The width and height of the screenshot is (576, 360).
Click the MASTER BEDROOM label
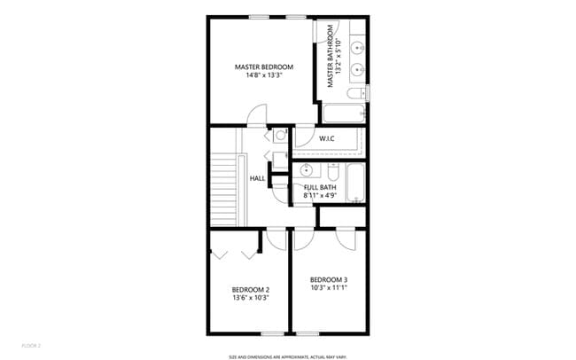(x=263, y=67)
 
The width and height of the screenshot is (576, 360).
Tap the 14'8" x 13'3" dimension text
(x=263, y=75)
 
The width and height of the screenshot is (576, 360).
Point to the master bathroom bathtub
(x=344, y=113)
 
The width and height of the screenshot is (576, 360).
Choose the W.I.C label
(x=326, y=138)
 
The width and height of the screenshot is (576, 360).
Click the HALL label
(x=257, y=178)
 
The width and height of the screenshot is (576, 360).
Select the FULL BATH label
(x=320, y=187)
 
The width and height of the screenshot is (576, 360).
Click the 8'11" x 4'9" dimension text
(x=320, y=195)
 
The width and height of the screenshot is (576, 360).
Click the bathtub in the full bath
(x=356, y=184)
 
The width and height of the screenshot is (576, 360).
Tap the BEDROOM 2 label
(x=251, y=289)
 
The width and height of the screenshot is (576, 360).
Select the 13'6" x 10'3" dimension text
(x=251, y=298)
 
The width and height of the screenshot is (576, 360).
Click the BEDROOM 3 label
(x=329, y=279)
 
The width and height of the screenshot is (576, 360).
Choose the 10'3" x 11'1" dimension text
(x=329, y=288)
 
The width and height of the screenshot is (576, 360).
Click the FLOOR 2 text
(x=31, y=344)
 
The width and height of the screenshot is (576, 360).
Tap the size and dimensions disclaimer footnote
(x=287, y=356)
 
